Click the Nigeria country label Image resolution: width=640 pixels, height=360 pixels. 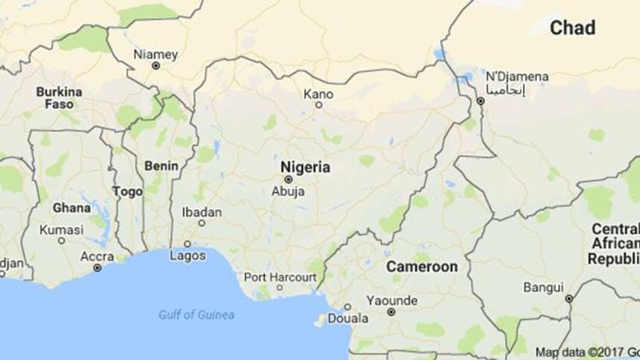coord(305,167)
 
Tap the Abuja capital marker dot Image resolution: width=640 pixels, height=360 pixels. coord(288,179)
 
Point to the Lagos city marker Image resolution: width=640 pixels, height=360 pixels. coord(187,244)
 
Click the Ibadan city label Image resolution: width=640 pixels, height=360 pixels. coord(202,212)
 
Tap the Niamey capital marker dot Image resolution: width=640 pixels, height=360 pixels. coord(156,66)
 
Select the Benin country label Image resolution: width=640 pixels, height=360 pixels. coord(161,165)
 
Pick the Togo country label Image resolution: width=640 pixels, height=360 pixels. coord(127,192)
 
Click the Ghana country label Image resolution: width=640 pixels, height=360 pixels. coord(72,208)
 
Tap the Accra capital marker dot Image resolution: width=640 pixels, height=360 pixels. coord(97,267)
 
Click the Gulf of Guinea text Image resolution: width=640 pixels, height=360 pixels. coord(196,314)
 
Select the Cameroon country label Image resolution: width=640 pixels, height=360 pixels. coord(422,267)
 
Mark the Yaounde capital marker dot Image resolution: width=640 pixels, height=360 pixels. coord(391,312)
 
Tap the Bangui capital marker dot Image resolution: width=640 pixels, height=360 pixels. coord(569,298)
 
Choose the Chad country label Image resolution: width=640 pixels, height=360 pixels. coord(573,28)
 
